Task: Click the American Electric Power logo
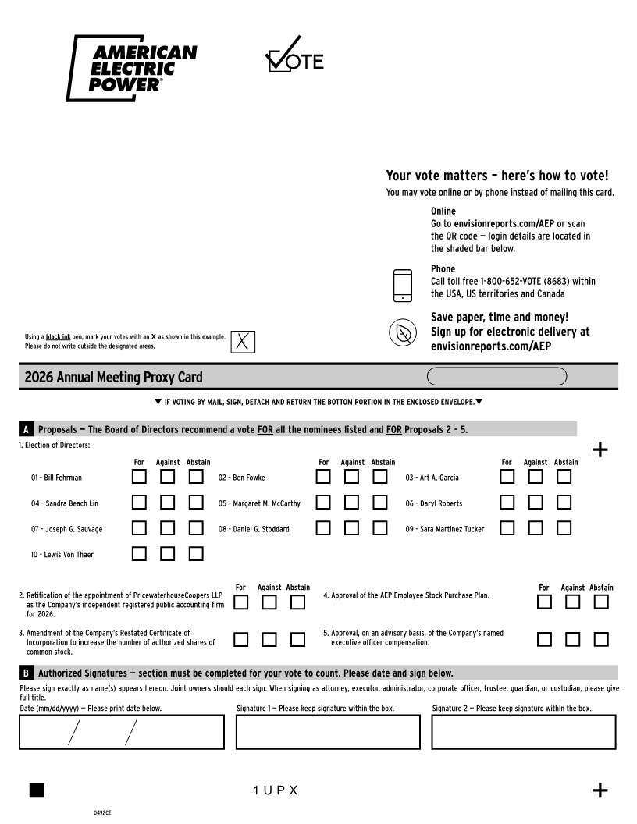[x=132, y=68]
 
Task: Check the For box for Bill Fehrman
[x=139, y=477]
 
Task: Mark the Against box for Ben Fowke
[x=352, y=477]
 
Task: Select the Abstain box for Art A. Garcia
[x=564, y=477]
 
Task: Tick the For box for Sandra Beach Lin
[x=139, y=503]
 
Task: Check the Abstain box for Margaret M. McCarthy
[x=380, y=503]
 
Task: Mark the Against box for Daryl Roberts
[x=536, y=503]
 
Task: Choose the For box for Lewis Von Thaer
[x=139, y=554]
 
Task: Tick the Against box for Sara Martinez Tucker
[x=536, y=528]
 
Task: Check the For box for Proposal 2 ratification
[x=241, y=602]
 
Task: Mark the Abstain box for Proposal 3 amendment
[x=297, y=639]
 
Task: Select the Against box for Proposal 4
[x=573, y=602]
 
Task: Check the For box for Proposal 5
[x=545, y=639]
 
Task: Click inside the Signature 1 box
[x=328, y=732]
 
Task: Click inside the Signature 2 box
[x=523, y=732]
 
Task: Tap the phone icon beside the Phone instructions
[x=402, y=286]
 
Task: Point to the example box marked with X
[x=243, y=341]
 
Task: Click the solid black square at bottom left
[x=37, y=790]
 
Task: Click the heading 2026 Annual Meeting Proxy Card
[x=113, y=378]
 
